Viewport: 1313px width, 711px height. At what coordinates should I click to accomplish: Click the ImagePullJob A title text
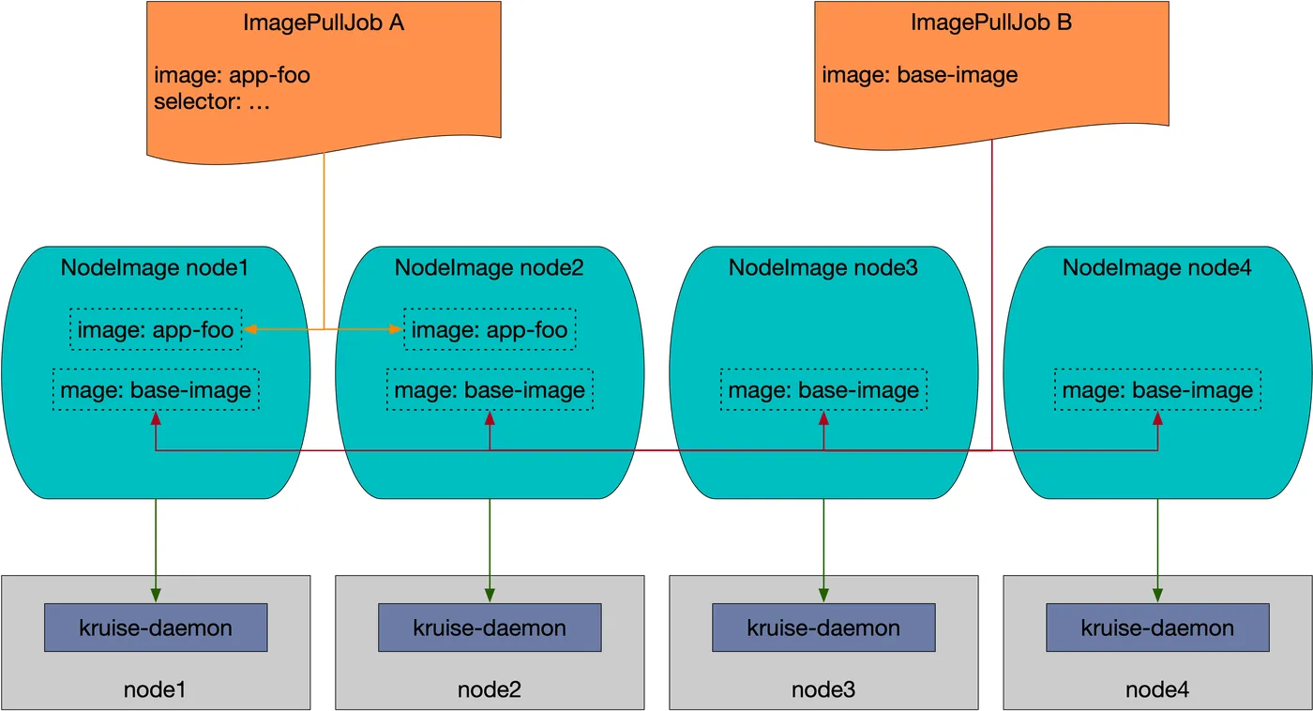pos(324,23)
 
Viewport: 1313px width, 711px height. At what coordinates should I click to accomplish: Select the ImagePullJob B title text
pos(991,23)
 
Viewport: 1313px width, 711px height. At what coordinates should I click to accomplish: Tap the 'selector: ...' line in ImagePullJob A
pos(212,102)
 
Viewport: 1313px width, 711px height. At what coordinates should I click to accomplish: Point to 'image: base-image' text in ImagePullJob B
pos(920,75)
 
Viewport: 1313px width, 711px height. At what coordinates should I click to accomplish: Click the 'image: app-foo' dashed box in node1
pos(156,329)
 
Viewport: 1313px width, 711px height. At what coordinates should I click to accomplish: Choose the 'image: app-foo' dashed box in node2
pos(490,329)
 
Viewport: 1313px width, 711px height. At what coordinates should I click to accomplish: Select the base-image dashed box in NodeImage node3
pos(823,390)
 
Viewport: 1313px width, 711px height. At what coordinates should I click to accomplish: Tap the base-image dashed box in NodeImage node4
pos(1157,390)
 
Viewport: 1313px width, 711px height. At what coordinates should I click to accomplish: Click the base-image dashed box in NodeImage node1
pos(156,390)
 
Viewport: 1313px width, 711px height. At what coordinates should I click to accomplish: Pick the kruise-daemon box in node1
pos(156,628)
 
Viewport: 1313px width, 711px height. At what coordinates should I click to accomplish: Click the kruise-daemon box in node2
pos(490,628)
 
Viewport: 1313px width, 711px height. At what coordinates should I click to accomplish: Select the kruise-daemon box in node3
pos(823,628)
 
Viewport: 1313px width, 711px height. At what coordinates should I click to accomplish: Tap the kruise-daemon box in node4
pos(1157,628)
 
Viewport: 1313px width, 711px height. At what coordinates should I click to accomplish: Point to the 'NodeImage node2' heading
pos(490,268)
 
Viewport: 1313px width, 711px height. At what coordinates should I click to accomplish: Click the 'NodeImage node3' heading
pos(823,268)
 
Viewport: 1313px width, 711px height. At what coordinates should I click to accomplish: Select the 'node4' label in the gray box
pos(1157,690)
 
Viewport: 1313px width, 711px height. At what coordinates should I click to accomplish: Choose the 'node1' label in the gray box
pos(155,690)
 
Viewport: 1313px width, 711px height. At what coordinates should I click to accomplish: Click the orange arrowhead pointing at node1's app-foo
pos(250,329)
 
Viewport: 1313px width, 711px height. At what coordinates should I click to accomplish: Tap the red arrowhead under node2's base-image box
pos(490,418)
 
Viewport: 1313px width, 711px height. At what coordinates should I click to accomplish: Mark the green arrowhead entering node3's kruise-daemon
pos(823,596)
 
